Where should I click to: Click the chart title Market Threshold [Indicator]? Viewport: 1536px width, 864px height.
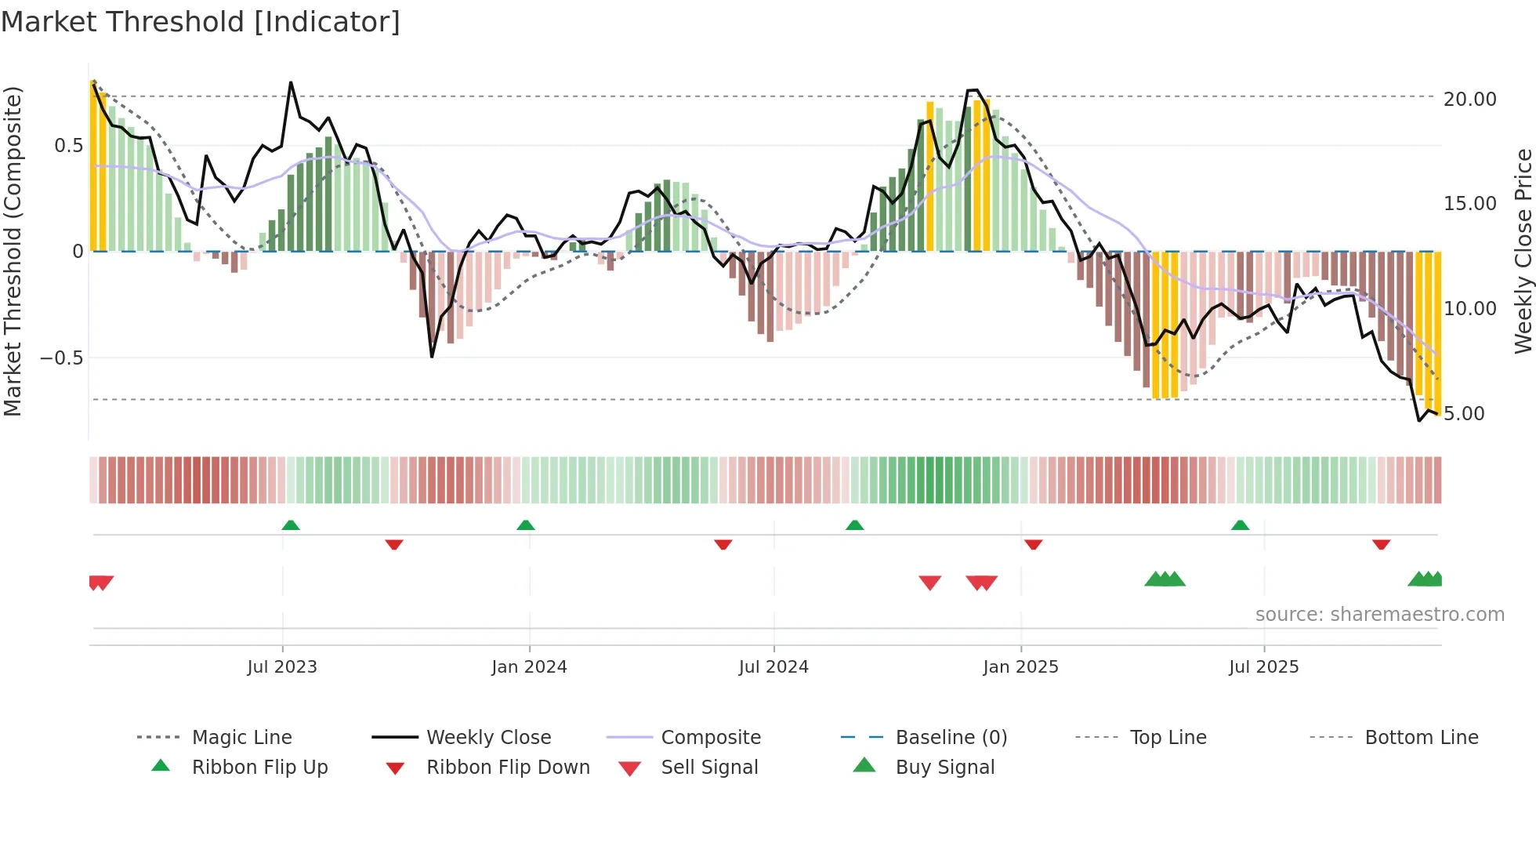201,22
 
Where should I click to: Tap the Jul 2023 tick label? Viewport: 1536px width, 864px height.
282,667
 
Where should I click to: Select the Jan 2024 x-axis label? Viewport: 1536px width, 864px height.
529,667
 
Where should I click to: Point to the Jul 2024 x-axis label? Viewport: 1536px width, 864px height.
773,667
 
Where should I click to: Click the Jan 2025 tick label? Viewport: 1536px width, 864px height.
1020,667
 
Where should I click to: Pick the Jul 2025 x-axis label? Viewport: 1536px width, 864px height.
1263,667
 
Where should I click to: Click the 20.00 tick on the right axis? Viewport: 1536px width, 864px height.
1469,100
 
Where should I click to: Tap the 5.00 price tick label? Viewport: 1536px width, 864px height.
1464,414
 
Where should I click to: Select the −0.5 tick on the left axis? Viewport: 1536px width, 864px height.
62,358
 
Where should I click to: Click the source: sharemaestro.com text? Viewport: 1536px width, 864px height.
1379,615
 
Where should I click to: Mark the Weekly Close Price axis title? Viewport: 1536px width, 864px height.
1523,251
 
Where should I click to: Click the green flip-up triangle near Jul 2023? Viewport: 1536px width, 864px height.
291,525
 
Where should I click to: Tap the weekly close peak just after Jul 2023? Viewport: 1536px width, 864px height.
291,82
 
